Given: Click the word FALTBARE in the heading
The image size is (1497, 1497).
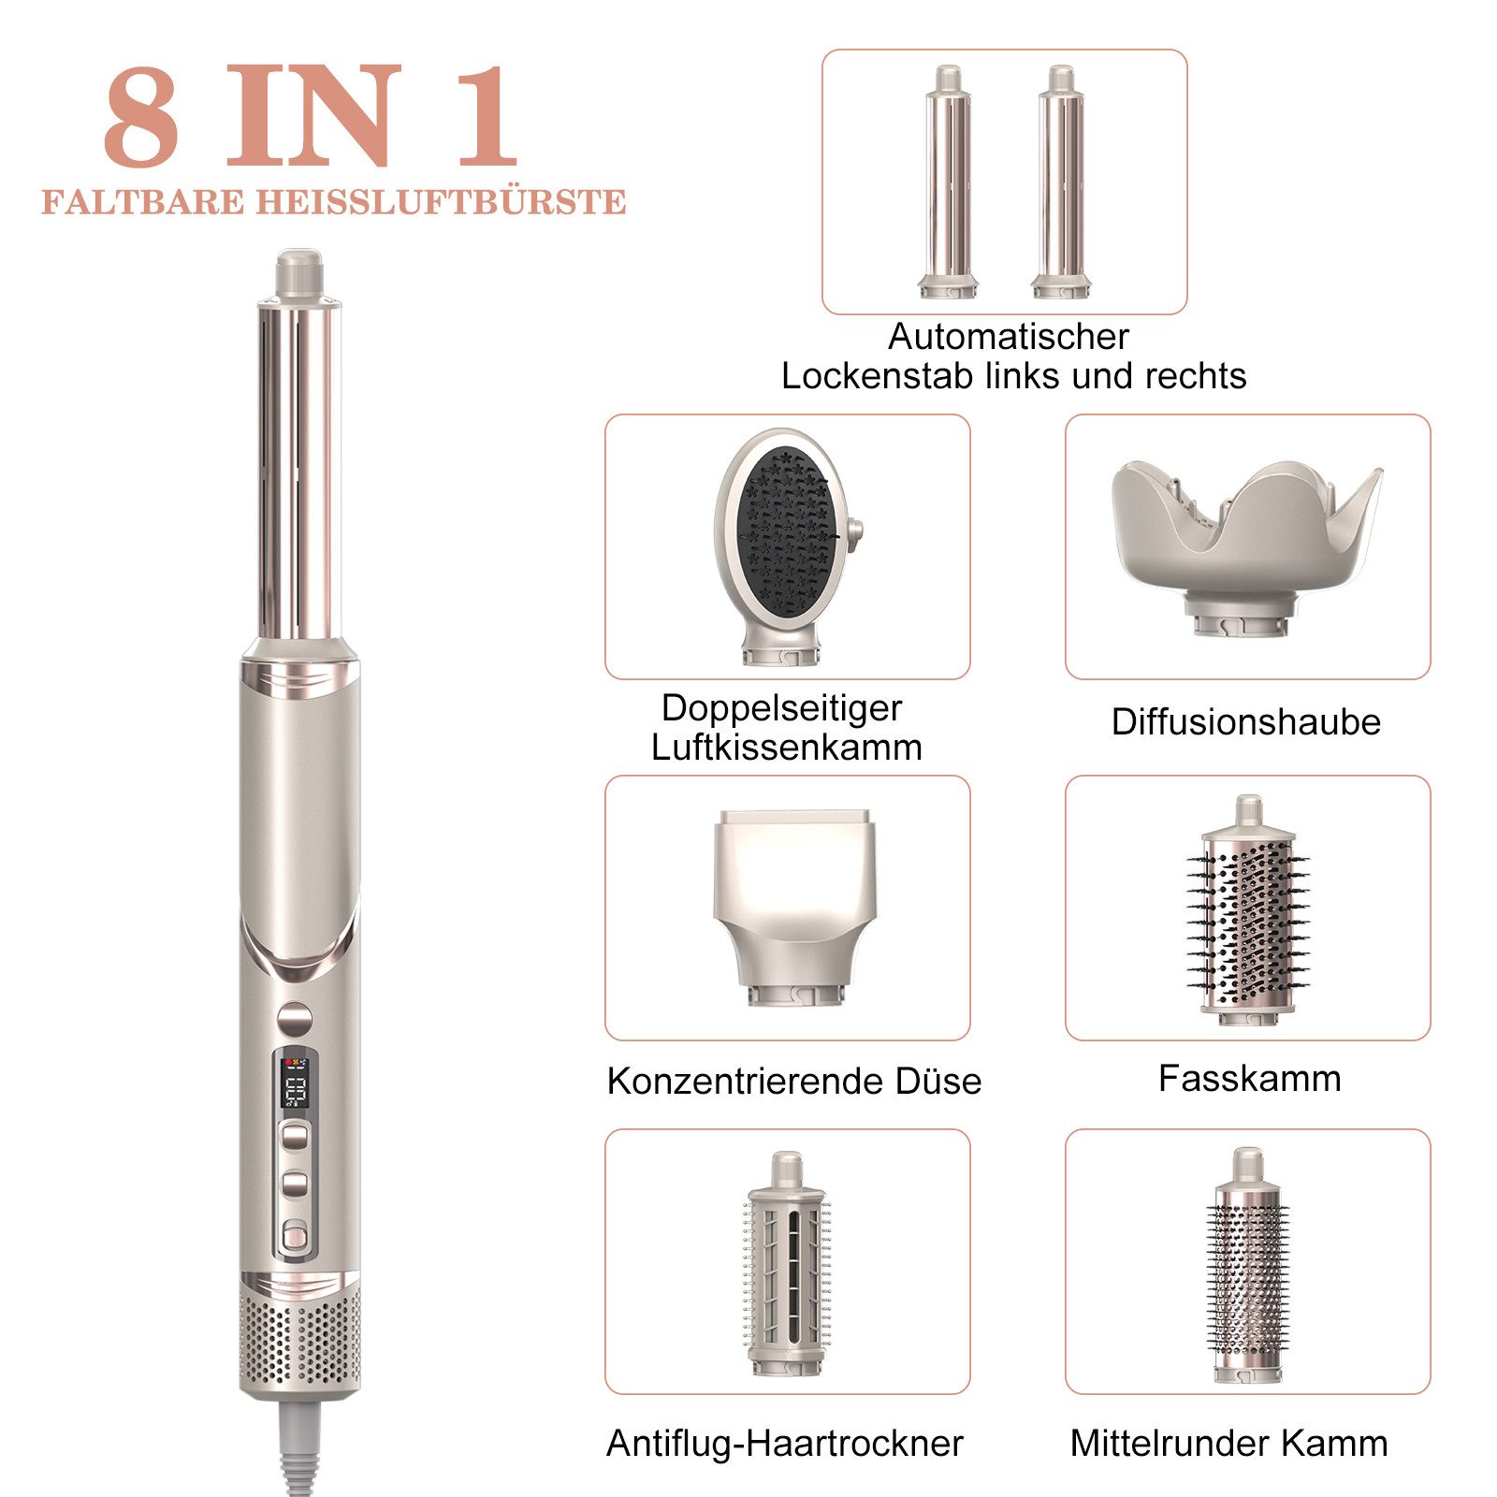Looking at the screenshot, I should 142,202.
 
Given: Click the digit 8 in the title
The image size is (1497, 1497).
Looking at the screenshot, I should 140,118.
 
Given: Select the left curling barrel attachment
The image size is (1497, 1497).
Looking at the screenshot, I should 949,183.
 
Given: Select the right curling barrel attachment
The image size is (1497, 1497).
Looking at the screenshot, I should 1061,183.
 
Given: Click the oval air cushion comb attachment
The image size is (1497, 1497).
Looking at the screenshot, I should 784,543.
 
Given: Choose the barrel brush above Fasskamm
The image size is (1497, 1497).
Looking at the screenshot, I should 1248,912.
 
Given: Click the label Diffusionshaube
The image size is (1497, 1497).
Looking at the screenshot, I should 1245,722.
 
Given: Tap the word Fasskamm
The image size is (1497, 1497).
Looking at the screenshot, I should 1249,1079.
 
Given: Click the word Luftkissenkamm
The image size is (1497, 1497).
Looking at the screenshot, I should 787,748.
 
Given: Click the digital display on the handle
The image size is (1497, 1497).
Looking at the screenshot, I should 296,1079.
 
